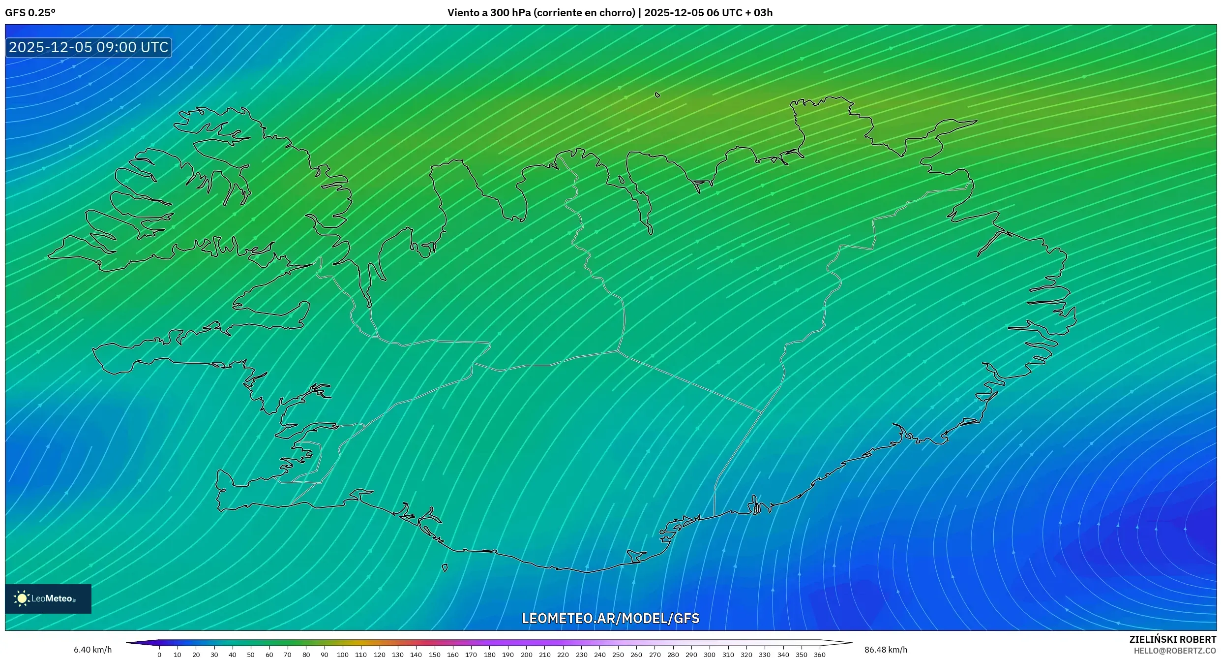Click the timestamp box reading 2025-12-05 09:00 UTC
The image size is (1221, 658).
pyautogui.click(x=89, y=47)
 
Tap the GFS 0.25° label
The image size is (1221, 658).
pyautogui.click(x=30, y=13)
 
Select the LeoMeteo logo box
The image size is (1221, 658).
pyautogui.click(x=48, y=598)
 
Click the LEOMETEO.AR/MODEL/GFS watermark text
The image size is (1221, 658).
pyautogui.click(x=610, y=618)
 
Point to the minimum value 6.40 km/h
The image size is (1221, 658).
pyautogui.click(x=92, y=650)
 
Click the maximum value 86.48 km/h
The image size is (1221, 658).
pyautogui.click(x=886, y=650)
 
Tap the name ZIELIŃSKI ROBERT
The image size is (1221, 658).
pyautogui.click(x=1172, y=639)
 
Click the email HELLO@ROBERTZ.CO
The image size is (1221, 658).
pyautogui.click(x=1175, y=651)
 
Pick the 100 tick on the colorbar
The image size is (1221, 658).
pyautogui.click(x=343, y=655)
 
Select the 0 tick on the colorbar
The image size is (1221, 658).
pyautogui.click(x=159, y=655)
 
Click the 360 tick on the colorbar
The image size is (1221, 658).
pyautogui.click(x=820, y=655)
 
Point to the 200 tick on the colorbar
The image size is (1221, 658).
pyautogui.click(x=527, y=655)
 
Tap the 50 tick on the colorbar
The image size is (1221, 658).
pyautogui.click(x=251, y=655)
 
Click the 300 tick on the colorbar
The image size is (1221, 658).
pyautogui.click(x=710, y=655)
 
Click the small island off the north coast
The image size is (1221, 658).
pyautogui.click(x=657, y=94)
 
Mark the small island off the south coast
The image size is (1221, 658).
pyautogui.click(x=445, y=568)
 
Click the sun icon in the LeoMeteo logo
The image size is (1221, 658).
pyautogui.click(x=22, y=598)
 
